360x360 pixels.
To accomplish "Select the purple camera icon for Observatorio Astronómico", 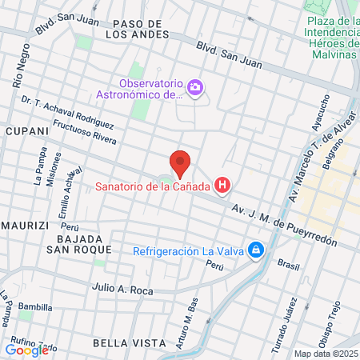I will [x=194, y=86].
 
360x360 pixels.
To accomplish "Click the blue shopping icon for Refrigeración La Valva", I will [x=255, y=250].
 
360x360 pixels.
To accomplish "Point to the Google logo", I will [x=26, y=350].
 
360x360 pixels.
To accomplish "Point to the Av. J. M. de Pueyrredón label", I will [x=284, y=225].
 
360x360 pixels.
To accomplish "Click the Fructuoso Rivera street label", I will [x=84, y=133].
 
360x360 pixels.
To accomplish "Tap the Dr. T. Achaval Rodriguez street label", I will [x=68, y=112].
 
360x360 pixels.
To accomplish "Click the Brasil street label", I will [x=287, y=263].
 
